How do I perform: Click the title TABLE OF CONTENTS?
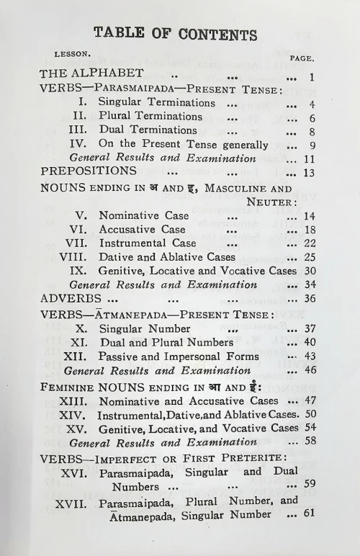tap(175, 33)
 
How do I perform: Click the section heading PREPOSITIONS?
tap(89, 171)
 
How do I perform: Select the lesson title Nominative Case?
tap(144, 215)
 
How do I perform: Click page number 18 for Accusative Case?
tap(310, 229)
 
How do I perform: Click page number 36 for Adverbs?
tap(310, 298)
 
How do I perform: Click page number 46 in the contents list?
tap(310, 371)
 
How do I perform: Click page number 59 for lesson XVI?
tap(310, 484)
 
